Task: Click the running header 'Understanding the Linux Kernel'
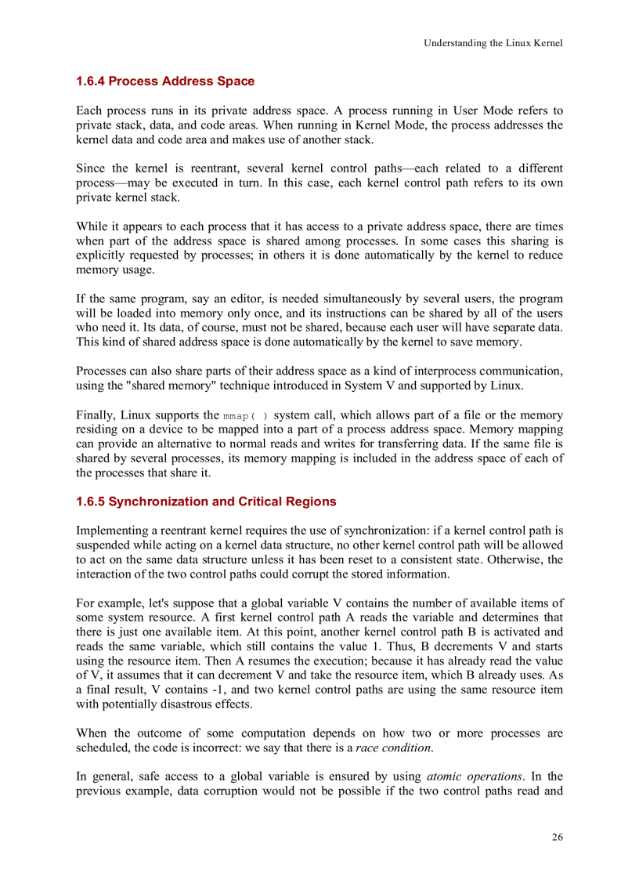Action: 493,43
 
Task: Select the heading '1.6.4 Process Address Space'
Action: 164,81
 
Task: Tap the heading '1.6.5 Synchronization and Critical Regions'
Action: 206,502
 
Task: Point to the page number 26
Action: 557,837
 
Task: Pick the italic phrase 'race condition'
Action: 393,748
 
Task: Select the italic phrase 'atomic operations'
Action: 475,777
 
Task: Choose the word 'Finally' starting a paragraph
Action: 95,415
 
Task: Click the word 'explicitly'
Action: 101,255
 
